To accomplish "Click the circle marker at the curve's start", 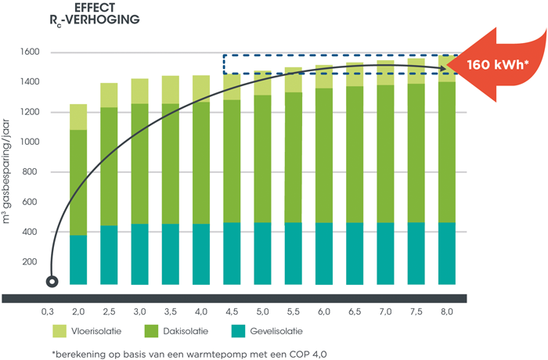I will [52, 281].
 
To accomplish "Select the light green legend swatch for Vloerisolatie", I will [60, 331].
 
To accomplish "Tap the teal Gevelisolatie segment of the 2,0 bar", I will [78, 259].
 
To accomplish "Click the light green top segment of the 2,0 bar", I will [78, 117].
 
